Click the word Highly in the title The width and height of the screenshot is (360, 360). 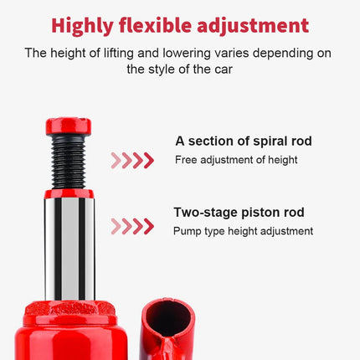(82, 26)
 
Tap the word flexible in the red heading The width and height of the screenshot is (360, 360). (155, 25)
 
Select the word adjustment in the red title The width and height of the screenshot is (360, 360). (253, 26)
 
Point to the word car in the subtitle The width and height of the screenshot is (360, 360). (224, 69)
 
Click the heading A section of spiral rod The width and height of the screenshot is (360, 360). (244, 141)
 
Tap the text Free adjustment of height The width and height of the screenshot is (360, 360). (236, 160)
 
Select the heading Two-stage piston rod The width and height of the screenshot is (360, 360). (239, 213)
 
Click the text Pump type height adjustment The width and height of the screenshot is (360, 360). (243, 231)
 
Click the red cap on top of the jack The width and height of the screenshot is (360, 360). (69, 126)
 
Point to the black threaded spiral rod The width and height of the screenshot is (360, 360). (69, 162)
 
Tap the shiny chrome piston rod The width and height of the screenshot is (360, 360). (69, 249)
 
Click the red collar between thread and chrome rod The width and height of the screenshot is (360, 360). (69, 193)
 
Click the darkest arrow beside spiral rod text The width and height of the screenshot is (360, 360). (149, 161)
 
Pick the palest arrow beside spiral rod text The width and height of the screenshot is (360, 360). (116, 161)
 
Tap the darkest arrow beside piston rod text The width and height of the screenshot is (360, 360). (149, 226)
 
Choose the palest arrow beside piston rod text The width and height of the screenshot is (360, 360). (116, 226)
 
